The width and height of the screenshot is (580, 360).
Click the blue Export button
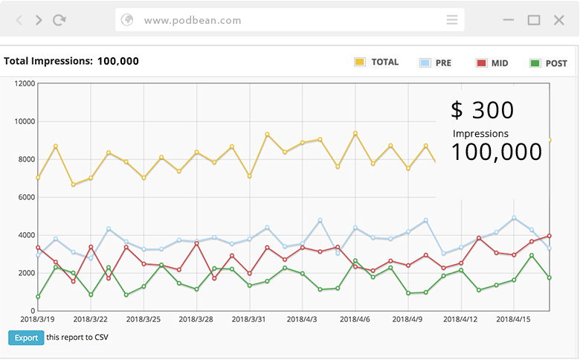(26, 338)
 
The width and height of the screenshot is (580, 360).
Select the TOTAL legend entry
(377, 62)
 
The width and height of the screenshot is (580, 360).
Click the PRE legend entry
(436, 63)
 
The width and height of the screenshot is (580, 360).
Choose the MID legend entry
(492, 63)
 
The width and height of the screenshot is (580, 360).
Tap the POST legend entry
(548, 63)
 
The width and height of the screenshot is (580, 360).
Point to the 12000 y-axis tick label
(25, 83)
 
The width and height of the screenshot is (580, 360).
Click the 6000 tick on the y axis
(27, 197)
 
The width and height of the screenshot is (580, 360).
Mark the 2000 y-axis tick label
(27, 273)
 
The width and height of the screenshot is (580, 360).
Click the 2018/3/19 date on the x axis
(38, 319)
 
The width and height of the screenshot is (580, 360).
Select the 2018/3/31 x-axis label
(249, 319)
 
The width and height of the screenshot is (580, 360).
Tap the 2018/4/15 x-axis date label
(513, 319)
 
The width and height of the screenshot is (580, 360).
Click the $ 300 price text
(482, 110)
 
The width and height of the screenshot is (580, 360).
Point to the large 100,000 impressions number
(496, 152)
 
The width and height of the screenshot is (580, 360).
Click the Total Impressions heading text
(71, 61)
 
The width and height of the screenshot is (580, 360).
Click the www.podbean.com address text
(193, 20)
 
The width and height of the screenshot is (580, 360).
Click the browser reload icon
(59, 20)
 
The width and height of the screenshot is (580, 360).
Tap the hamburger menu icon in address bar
(452, 20)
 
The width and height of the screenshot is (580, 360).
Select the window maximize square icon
(534, 20)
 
